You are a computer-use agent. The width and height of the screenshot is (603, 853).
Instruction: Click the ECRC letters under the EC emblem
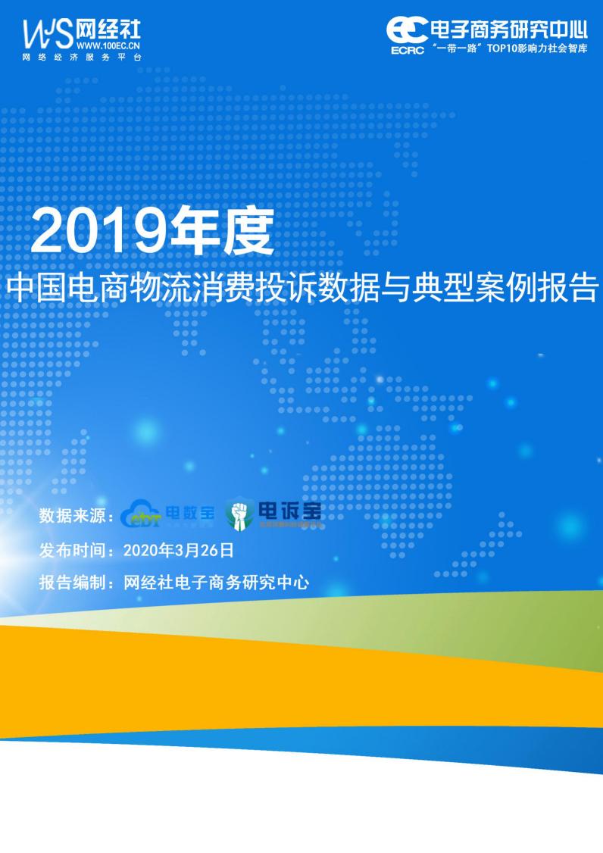(x=408, y=52)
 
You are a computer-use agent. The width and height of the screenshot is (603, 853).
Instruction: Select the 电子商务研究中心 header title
(x=508, y=30)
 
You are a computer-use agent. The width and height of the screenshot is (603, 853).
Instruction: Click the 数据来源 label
(x=72, y=517)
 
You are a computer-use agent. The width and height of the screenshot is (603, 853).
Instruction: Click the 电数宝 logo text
(x=190, y=513)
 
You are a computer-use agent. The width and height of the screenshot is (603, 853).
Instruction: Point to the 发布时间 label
(x=72, y=551)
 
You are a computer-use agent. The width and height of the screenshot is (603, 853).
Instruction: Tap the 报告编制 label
(x=72, y=583)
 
